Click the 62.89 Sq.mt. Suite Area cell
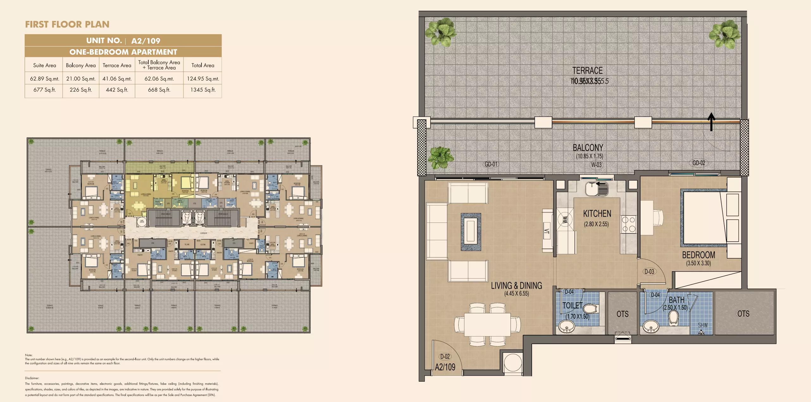[44, 79]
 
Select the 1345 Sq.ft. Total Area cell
[203, 90]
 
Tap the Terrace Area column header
[117, 66]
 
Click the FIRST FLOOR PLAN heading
[67, 24]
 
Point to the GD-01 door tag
[491, 164]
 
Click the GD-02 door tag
[699, 163]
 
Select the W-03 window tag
[596, 165]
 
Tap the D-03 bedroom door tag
[649, 272]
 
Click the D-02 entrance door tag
[445, 356]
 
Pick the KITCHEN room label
[597, 214]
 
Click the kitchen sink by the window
[597, 189]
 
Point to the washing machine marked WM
[565, 219]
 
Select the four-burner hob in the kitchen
[628, 224]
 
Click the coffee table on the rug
[471, 232]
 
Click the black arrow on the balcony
[711, 122]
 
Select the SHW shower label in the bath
[703, 325]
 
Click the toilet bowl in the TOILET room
[590, 309]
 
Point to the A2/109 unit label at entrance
[445, 367]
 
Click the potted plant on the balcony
[441, 157]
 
